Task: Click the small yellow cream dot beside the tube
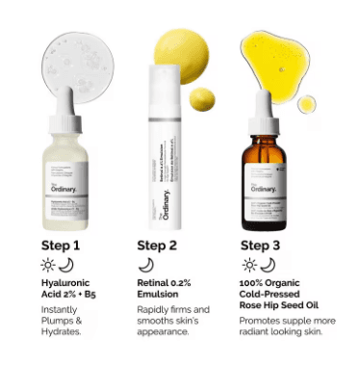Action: coord(204,98)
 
